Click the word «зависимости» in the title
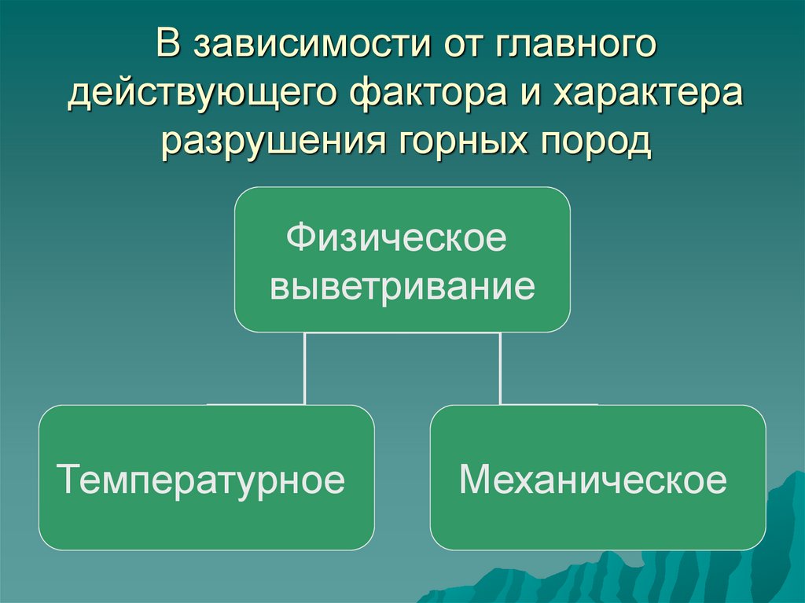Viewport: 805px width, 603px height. tap(307, 45)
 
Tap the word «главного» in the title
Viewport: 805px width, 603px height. tap(576, 45)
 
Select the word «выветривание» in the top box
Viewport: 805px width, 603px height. tap(402, 286)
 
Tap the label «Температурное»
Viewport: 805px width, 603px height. tap(201, 479)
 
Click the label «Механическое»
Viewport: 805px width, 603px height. tap(593, 479)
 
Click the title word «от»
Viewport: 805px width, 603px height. tap(464, 45)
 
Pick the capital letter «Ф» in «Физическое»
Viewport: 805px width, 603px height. tap(296, 237)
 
